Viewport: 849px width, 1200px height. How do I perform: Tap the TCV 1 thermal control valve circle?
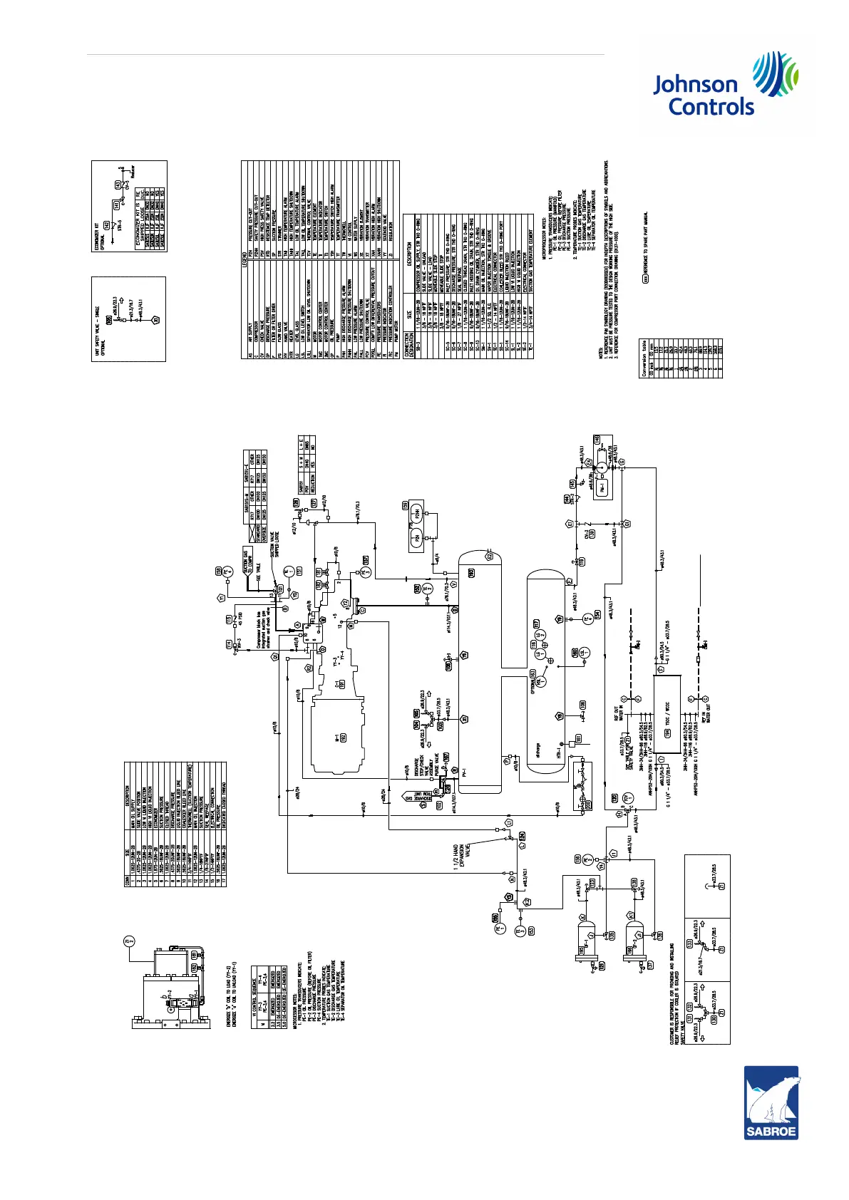pyautogui.click(x=627, y=797)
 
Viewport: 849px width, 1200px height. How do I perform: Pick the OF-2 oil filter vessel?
pyautogui.click(x=636, y=947)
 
